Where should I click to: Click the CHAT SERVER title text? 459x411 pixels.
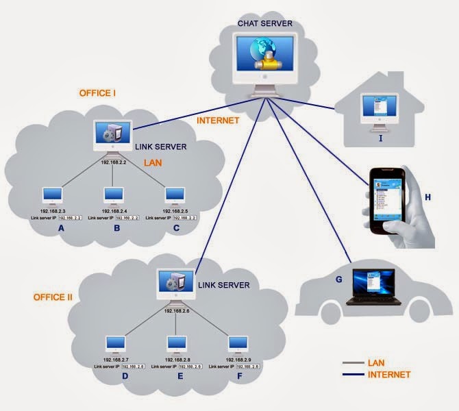point(264,23)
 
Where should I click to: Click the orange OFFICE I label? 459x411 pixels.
point(97,93)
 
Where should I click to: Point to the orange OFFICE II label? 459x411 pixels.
point(53,297)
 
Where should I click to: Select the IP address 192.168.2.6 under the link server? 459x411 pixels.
point(177,310)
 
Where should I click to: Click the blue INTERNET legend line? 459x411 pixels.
point(353,375)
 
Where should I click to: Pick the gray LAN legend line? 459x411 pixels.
point(353,362)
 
